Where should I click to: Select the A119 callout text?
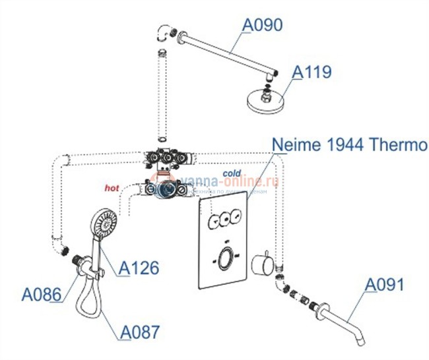click(312, 72)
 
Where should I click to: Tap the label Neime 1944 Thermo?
click(350, 144)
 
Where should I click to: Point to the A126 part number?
click(139, 268)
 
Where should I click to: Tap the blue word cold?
click(232, 174)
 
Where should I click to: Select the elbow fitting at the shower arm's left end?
click(166, 33)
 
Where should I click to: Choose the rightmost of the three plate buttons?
click(236, 216)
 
